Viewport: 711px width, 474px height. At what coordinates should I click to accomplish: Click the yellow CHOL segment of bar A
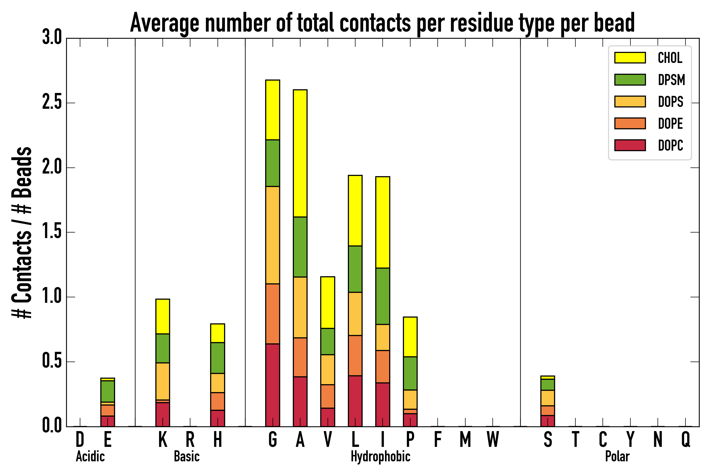[300, 153]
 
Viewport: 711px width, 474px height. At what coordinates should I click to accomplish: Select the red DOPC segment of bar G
[272, 385]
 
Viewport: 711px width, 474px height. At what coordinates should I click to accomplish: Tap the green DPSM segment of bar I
[382, 296]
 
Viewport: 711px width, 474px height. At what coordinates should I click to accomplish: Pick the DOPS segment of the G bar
[272, 235]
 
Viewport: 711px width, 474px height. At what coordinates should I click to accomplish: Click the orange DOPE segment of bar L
[355, 355]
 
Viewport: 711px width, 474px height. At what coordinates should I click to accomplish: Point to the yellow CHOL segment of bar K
[163, 316]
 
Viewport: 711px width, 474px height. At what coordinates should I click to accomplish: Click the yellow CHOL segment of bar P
[410, 337]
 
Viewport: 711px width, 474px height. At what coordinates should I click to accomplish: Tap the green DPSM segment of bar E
[108, 391]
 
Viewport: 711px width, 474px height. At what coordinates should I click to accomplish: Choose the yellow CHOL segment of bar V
[327, 302]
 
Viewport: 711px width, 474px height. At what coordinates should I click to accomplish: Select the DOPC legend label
[670, 145]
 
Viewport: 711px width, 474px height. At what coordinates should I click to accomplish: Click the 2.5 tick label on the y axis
[52, 103]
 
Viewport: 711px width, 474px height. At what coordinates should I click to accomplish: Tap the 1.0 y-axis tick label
[52, 297]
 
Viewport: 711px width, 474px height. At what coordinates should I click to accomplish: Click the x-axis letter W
[492, 440]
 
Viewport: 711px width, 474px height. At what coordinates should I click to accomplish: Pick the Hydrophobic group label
[380, 456]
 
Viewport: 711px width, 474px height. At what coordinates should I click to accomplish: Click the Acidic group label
[90, 456]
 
